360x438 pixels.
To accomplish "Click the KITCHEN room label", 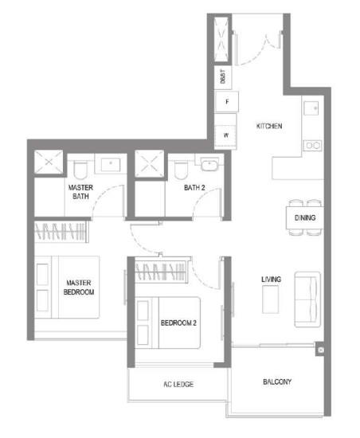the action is (x=269, y=127).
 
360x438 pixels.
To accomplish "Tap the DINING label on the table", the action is (x=305, y=217).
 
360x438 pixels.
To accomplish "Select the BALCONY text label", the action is (x=277, y=381).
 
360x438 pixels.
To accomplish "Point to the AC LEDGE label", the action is (x=178, y=385).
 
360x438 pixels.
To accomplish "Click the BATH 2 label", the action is (x=194, y=188).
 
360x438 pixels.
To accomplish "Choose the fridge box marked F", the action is (x=227, y=102).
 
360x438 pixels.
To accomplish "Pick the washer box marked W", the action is (x=225, y=135).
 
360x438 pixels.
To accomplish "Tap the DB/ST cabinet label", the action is (x=222, y=76).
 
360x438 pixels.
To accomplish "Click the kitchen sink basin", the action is (x=311, y=108).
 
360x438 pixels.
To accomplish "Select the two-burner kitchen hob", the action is (x=312, y=145).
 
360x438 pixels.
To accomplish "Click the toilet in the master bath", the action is (x=80, y=170).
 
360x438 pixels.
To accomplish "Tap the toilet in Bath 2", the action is (x=181, y=170).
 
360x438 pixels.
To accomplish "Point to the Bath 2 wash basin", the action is (x=209, y=165).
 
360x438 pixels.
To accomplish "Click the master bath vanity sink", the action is (x=111, y=165).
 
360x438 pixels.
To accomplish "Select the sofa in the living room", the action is (x=307, y=299).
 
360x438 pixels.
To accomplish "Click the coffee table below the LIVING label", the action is (x=270, y=299).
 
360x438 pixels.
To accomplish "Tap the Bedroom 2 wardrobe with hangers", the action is (x=162, y=271).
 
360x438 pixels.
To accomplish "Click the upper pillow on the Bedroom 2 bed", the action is (x=143, y=310).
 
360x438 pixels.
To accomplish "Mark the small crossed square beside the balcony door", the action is (x=321, y=350).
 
